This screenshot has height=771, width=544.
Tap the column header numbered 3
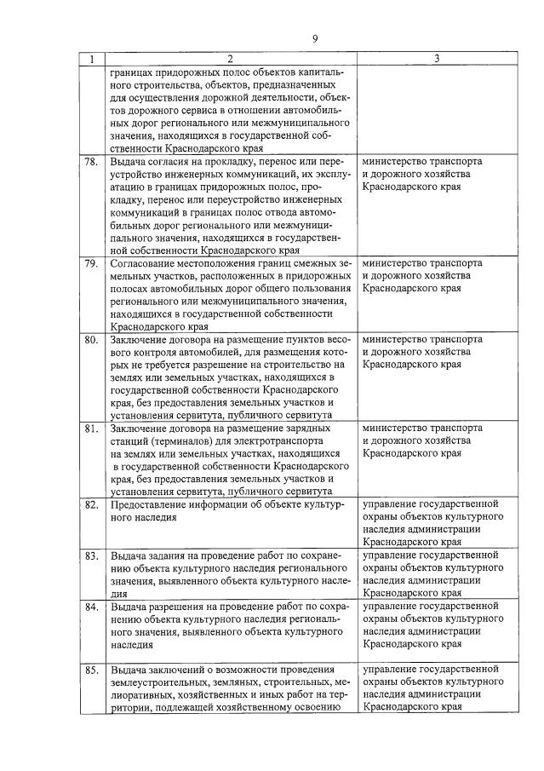[x=436, y=59]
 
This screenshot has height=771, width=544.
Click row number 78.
[x=90, y=161]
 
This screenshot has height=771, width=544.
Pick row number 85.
[x=90, y=670]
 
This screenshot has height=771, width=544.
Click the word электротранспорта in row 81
[x=276, y=441]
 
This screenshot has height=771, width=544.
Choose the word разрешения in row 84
[x=175, y=607]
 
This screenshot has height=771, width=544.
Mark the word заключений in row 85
[x=175, y=670]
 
